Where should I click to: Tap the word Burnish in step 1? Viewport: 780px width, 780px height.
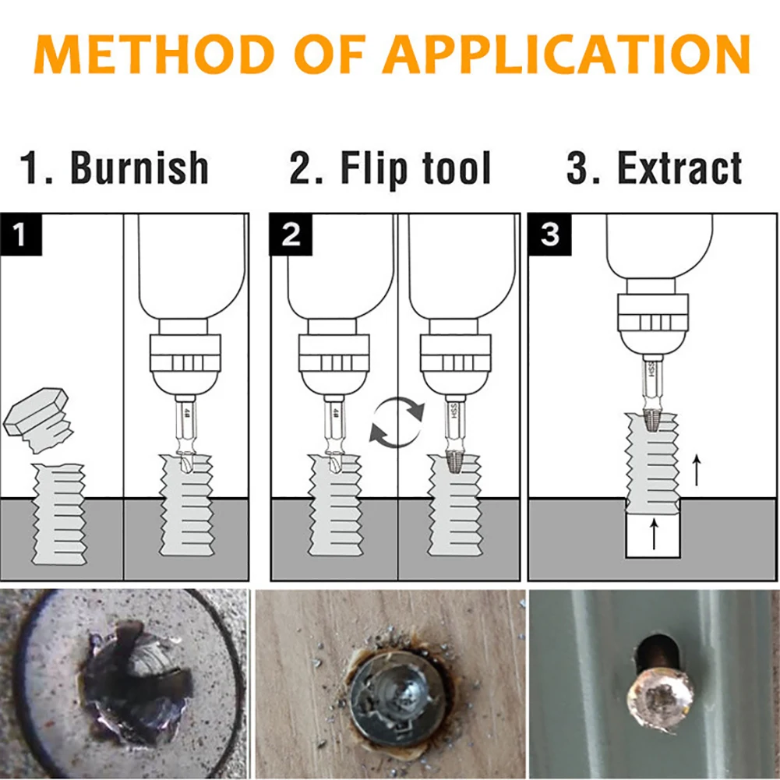tap(139, 168)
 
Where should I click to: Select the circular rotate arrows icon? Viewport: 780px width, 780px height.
tap(397, 422)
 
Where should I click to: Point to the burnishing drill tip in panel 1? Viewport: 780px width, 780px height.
tap(185, 460)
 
